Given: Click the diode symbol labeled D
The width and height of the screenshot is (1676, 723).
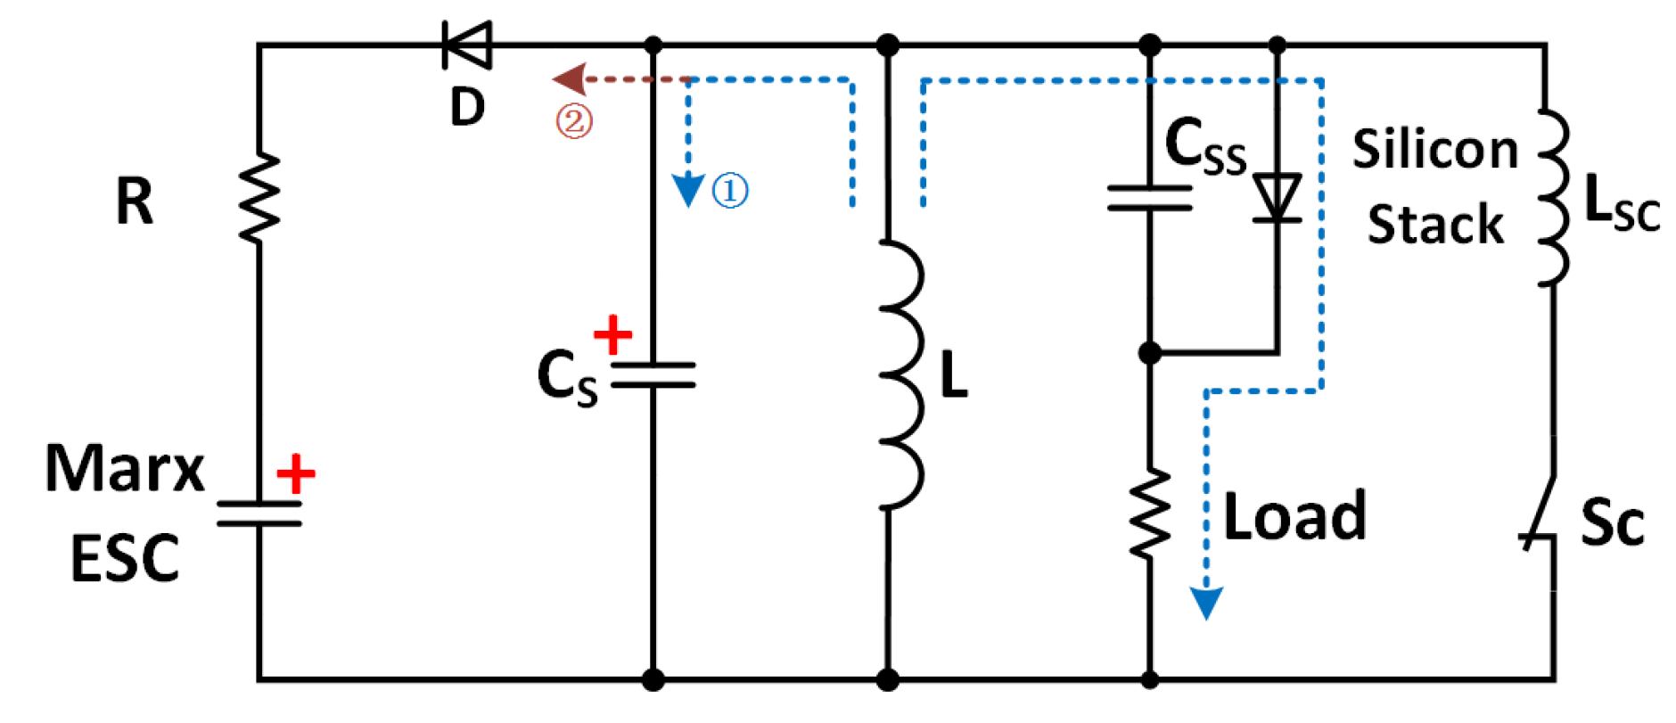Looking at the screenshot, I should click(x=468, y=45).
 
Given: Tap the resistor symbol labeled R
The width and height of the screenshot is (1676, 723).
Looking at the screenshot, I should click(x=259, y=198).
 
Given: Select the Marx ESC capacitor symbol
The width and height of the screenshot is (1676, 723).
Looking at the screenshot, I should click(x=259, y=513).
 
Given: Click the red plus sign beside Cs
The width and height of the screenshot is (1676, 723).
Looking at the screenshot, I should click(x=613, y=335).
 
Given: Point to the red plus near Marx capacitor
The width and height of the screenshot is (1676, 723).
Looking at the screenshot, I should click(x=295, y=473).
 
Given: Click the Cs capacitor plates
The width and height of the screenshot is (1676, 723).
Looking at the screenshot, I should click(x=653, y=374).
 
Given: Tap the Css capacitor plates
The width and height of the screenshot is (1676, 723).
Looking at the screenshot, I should click(x=1150, y=198).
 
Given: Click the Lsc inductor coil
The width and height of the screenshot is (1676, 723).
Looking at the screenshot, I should click(x=1553, y=198).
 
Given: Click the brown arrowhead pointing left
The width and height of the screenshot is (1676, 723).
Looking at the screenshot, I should click(x=569, y=79).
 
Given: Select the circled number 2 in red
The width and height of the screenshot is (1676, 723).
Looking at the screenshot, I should click(x=574, y=120).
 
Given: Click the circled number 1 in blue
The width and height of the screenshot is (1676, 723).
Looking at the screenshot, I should click(x=730, y=190).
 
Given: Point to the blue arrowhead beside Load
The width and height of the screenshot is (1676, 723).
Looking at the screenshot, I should click(x=1206, y=603).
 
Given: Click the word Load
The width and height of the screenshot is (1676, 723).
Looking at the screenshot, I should click(x=1294, y=516).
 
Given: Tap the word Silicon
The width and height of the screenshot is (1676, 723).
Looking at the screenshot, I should click(x=1434, y=148).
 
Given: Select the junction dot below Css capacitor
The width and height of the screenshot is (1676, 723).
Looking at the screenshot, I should click(x=1150, y=353).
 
